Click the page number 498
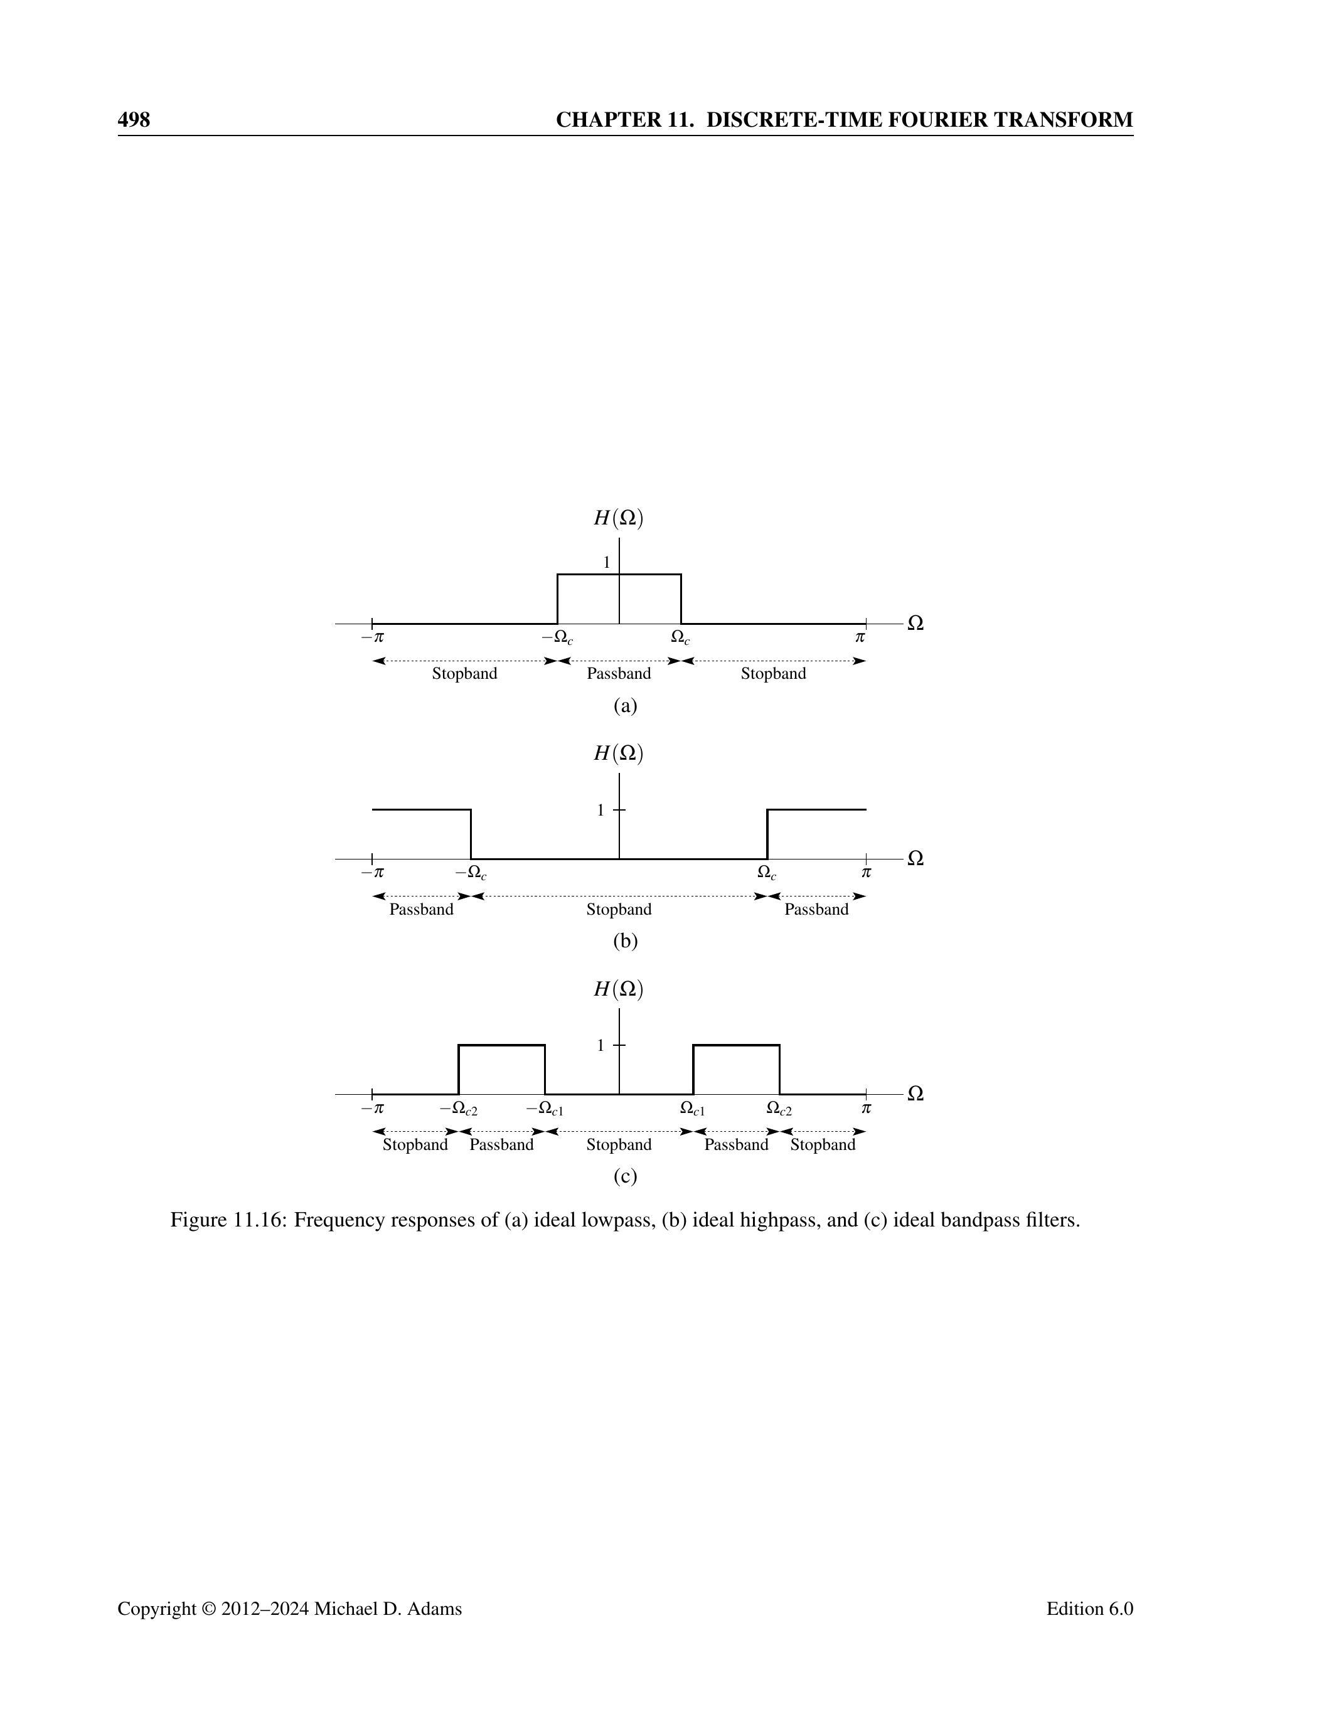(134, 120)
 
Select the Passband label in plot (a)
(619, 674)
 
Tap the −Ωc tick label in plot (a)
(557, 637)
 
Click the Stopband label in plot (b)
(619, 910)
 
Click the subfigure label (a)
(625, 705)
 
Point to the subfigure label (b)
(625, 940)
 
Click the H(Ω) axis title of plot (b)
(618, 753)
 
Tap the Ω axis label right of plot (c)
(915, 1094)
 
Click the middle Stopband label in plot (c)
(619, 1144)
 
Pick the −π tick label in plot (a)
(372, 637)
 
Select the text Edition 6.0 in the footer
(1090, 1609)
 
